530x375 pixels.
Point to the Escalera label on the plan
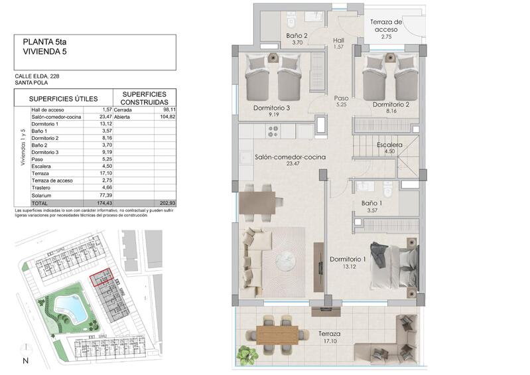tap(389, 145)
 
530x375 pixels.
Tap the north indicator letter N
tap(25, 361)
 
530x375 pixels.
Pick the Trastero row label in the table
tap(42, 188)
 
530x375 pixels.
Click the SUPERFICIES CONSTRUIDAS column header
tap(144, 98)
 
